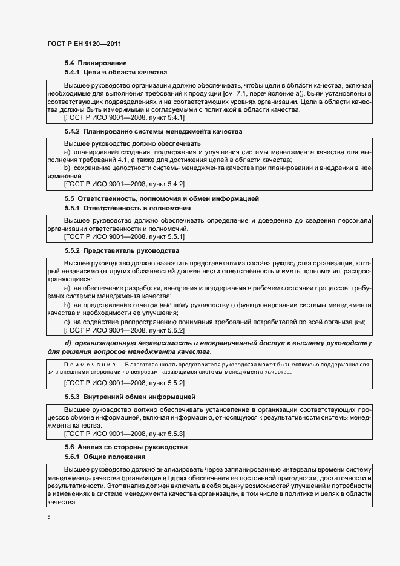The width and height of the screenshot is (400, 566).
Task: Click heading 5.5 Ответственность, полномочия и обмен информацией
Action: click(x=162, y=198)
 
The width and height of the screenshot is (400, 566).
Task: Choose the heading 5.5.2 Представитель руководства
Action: click(x=122, y=250)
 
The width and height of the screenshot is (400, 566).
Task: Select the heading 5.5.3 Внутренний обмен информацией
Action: click(x=130, y=397)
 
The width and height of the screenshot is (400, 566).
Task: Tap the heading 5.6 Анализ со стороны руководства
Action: click(x=126, y=447)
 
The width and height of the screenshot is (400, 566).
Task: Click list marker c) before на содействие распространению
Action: click(x=67, y=321)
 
